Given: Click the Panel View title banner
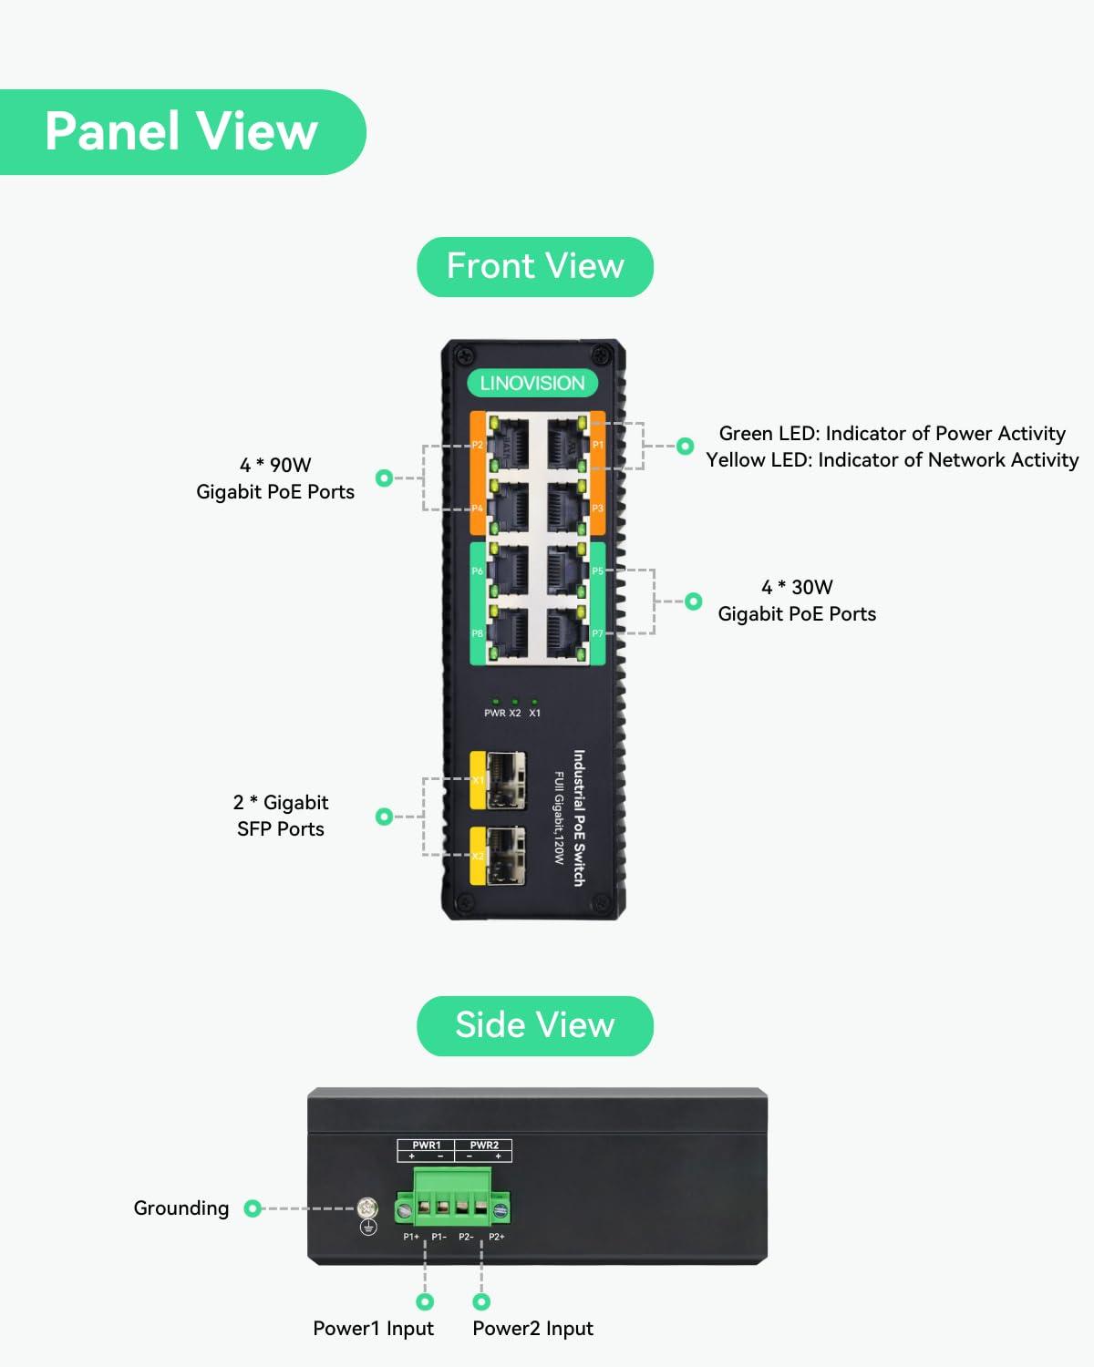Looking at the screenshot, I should [x=181, y=131].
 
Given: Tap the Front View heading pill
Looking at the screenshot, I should [x=535, y=266].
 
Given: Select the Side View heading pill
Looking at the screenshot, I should [x=535, y=1025].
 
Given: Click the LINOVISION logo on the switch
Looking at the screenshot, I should [x=532, y=383].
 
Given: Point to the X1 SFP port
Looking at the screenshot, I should [x=505, y=780].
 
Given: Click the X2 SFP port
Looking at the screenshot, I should [x=505, y=856].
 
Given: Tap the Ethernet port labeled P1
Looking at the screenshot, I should [x=566, y=445].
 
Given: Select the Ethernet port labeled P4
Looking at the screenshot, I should [x=508, y=508].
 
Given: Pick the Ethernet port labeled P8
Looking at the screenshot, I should [x=508, y=632].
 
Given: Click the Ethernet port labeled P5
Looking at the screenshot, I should [x=566, y=570].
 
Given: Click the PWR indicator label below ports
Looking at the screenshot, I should [x=494, y=713].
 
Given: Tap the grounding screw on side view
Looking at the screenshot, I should [x=367, y=1208].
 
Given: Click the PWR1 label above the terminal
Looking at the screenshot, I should [x=426, y=1145].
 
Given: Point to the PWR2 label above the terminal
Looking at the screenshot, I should [x=484, y=1145].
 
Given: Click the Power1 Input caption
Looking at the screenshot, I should [x=373, y=1329].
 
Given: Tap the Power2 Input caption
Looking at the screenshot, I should [x=532, y=1329].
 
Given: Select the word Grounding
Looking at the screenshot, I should [x=181, y=1208].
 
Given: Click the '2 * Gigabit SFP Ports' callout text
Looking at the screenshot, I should [x=280, y=816].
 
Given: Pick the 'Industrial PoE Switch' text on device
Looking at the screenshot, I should [x=579, y=817].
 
